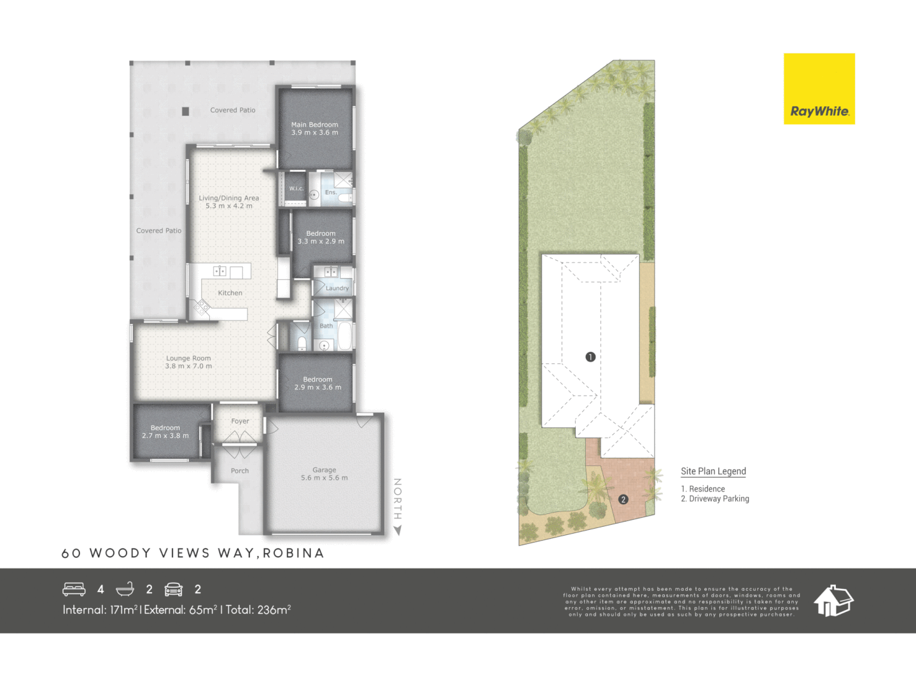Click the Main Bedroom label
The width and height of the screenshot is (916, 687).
[314, 125]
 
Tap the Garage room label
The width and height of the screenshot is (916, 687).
[324, 470]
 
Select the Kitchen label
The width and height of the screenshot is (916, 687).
[230, 293]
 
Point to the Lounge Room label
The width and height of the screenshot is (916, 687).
[188, 358]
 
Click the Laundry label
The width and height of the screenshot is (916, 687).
[337, 288]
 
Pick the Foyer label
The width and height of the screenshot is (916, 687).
[240, 421]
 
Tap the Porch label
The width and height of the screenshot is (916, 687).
[240, 471]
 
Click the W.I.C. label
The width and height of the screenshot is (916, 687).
[296, 189]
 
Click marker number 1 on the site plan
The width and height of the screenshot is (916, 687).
[590, 357]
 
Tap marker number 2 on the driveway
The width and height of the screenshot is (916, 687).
[623, 499]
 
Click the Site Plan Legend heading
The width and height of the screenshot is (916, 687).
[713, 471]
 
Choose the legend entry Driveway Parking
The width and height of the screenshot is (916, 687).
[719, 499]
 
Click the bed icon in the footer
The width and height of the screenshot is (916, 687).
[74, 589]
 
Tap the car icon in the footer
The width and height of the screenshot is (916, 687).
[174, 589]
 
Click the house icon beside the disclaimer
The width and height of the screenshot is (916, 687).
[833, 600]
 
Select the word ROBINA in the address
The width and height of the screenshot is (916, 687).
[293, 553]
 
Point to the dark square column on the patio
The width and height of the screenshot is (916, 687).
[185, 111]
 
